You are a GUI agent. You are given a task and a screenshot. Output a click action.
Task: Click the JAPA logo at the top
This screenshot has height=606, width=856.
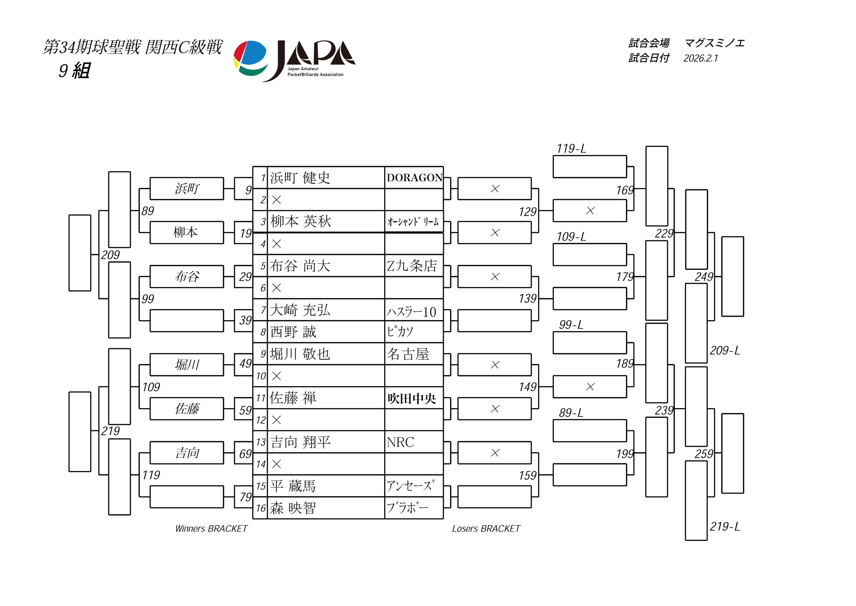click(x=295, y=61)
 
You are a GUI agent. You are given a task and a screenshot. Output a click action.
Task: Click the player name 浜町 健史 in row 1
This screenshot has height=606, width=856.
click(x=300, y=178)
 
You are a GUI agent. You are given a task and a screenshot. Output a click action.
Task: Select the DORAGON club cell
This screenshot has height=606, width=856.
click(x=414, y=178)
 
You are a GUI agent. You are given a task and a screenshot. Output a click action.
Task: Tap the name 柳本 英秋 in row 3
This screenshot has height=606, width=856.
click(x=301, y=222)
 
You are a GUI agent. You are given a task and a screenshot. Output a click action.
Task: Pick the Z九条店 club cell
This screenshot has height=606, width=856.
click(x=412, y=266)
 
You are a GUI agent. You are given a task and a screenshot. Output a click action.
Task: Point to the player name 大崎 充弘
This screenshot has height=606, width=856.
click(x=300, y=310)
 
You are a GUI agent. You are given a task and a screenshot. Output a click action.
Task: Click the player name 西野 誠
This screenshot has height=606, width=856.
click(x=293, y=332)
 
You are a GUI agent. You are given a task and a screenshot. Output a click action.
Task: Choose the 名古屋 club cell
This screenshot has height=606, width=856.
click(x=408, y=354)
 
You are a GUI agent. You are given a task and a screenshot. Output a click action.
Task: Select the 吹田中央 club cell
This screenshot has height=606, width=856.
click(x=412, y=399)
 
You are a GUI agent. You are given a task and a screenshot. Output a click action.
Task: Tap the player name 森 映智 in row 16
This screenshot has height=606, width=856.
click(x=293, y=508)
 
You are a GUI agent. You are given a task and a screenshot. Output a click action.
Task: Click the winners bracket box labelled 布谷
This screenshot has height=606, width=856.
click(x=187, y=276)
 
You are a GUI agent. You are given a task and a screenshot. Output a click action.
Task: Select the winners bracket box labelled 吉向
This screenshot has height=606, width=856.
click(x=187, y=453)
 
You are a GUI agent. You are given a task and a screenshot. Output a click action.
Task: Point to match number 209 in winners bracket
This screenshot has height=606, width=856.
click(x=110, y=255)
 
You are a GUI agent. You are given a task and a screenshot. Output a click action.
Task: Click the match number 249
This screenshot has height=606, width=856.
click(x=704, y=277)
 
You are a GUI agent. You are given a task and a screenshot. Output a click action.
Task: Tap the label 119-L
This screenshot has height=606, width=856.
click(x=571, y=149)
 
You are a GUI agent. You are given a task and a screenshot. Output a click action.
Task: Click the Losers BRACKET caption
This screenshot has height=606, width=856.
click(x=486, y=528)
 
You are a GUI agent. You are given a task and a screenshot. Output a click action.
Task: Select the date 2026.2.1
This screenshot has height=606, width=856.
click(x=701, y=58)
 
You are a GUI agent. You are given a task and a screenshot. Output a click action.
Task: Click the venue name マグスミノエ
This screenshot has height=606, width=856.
click(x=714, y=43)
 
